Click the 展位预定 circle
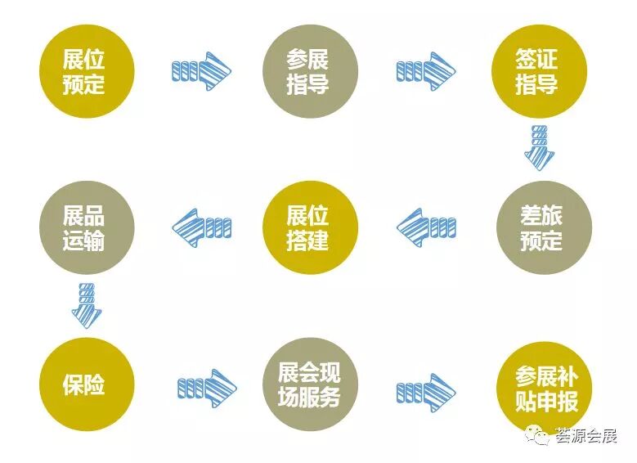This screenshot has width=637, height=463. (85, 71)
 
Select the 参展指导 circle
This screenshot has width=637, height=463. (308, 71)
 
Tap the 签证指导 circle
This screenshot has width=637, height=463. (536, 71)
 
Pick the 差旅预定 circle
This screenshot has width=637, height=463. (541, 227)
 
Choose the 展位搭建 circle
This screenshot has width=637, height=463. (308, 227)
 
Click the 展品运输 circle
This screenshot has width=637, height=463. (85, 227)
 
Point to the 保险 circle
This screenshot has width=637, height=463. (85, 384)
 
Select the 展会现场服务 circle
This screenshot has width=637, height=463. (308, 384)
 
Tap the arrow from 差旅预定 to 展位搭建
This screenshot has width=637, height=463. (426, 227)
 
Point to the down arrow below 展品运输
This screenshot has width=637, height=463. (86, 303)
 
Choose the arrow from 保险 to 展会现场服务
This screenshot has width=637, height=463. (207, 385)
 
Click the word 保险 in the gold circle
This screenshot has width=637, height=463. (85, 384)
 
